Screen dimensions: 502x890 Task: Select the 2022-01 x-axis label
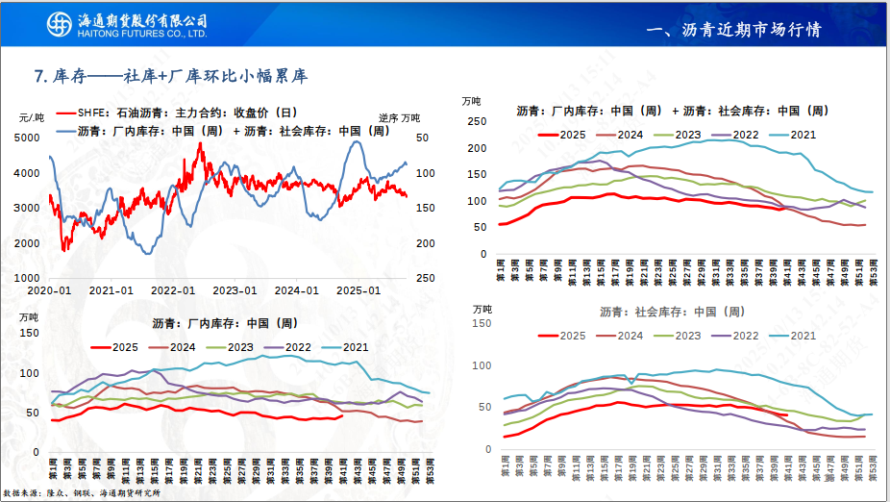point(173,289)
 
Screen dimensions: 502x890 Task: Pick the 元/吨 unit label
point(32,117)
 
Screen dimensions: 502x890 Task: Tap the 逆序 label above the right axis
point(387,117)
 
